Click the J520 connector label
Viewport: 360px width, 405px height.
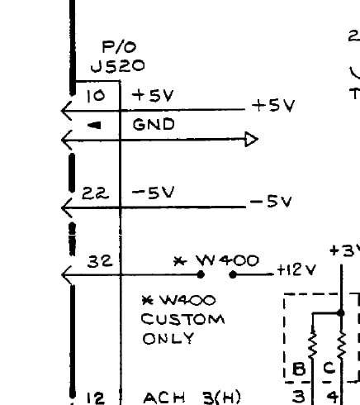coord(117,66)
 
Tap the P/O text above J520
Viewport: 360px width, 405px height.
coord(119,47)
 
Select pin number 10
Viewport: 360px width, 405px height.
coord(96,96)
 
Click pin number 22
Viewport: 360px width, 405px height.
coord(95,193)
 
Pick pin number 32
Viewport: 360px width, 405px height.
coord(100,261)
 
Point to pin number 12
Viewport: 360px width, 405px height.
coord(96,398)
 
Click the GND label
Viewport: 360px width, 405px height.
coord(154,124)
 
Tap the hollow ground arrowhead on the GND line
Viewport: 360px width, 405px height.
coord(252,140)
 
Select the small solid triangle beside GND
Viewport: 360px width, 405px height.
coord(94,126)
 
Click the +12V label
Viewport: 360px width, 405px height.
coord(296,270)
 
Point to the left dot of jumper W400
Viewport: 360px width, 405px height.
coord(201,274)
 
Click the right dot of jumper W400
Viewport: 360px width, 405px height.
coord(233,274)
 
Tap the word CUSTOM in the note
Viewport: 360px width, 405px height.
coord(182,320)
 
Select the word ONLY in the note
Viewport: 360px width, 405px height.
coord(168,338)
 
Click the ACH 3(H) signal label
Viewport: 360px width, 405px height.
coord(192,398)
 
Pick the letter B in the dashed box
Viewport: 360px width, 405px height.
coord(299,369)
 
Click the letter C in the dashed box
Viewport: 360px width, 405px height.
coord(329,368)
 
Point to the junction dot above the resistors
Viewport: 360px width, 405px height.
coord(341,313)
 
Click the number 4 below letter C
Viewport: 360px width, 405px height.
coord(333,397)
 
